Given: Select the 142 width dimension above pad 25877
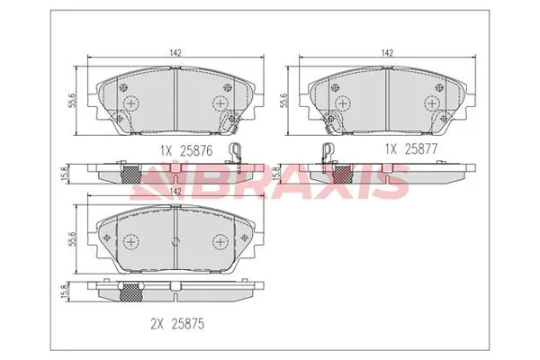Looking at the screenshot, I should tap(387, 53).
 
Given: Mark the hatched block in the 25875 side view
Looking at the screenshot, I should tap(133, 291).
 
